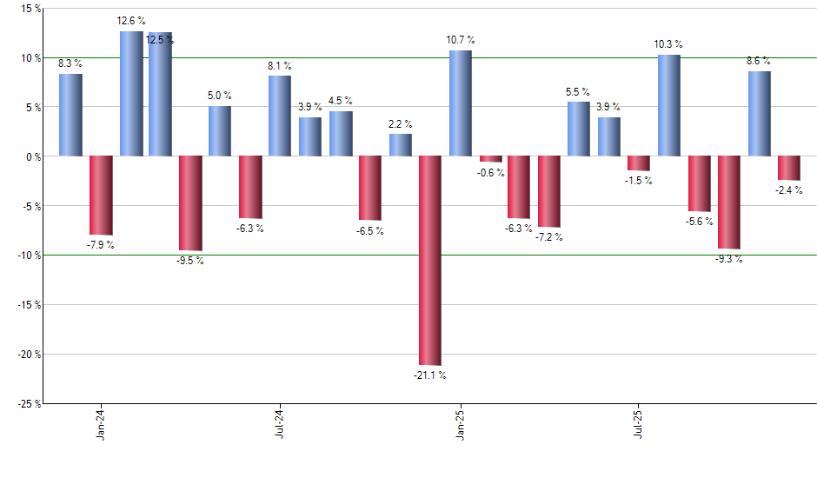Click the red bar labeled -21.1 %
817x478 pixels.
430,260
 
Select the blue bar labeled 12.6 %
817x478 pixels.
131,94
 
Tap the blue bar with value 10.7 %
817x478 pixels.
461,103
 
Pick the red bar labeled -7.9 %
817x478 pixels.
101,195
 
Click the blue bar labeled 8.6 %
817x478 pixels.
759,114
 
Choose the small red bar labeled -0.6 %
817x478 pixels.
491,159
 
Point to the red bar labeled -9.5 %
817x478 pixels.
190,202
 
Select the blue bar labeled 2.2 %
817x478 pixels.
401,145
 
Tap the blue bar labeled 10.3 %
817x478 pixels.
668,105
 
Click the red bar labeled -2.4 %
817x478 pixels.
789,168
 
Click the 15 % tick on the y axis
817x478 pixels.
30,9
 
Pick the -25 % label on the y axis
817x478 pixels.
28,403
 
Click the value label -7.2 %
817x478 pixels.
549,237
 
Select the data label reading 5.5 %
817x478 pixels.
578,91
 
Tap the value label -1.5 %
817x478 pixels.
639,181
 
